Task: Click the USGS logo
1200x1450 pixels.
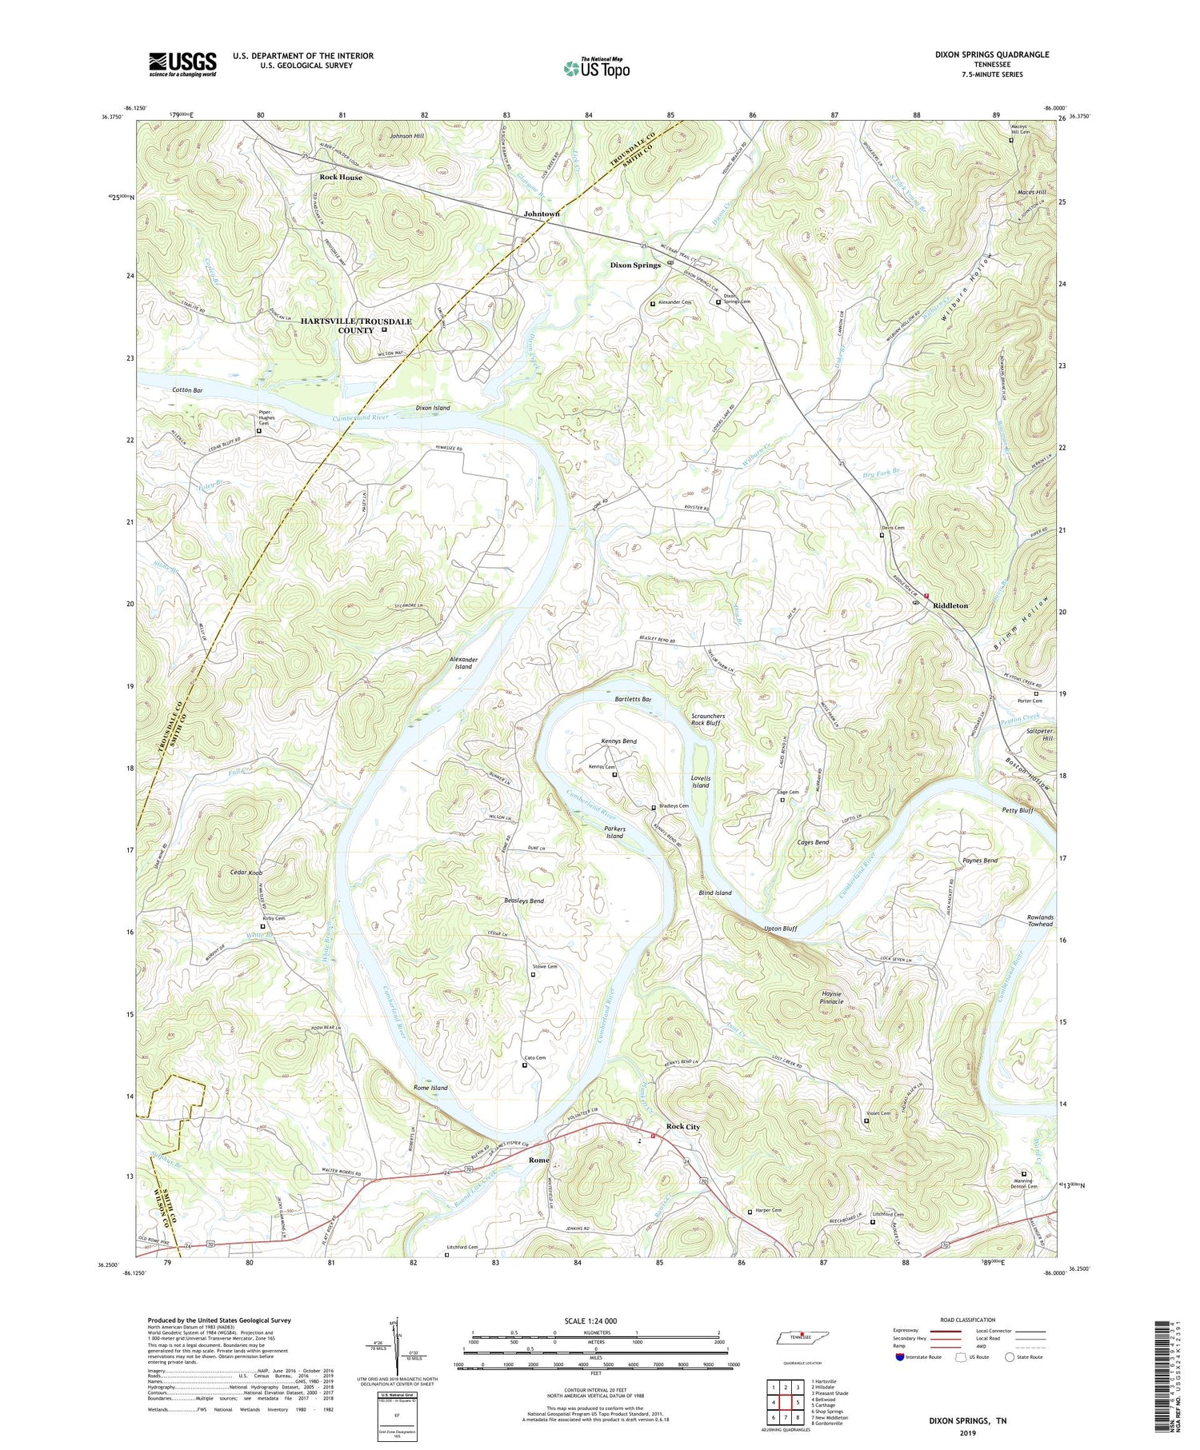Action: tap(182, 64)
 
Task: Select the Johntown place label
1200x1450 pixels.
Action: tap(542, 214)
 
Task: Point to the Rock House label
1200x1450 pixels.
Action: tap(341, 177)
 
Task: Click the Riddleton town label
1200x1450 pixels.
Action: tap(950, 605)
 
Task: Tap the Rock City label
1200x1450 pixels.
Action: tap(682, 1126)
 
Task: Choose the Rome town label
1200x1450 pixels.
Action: tap(538, 1160)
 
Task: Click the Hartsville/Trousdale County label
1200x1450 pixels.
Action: tap(355, 326)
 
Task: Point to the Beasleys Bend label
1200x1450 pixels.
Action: tap(524, 901)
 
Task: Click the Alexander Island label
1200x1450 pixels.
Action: tap(463, 663)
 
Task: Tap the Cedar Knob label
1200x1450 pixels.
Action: tap(246, 872)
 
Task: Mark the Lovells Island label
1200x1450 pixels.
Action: tap(700, 781)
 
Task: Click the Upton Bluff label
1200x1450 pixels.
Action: tap(780, 929)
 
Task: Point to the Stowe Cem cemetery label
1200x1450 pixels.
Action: tap(544, 966)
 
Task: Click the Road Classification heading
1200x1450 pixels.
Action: tap(968, 1320)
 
